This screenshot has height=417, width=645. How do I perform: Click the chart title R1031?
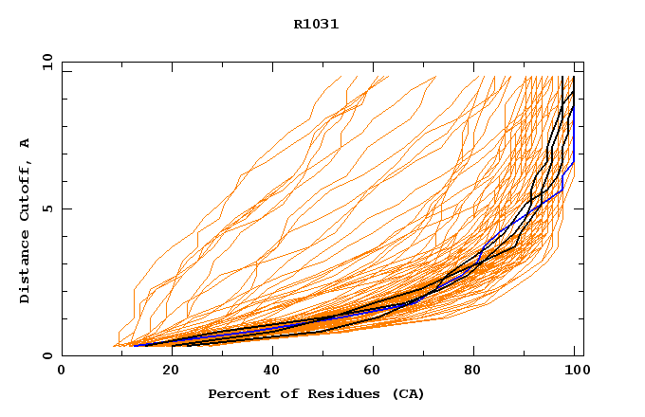(316, 25)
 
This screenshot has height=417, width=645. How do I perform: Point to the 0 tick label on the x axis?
(62, 371)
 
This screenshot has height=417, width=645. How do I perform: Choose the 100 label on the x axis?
(576, 371)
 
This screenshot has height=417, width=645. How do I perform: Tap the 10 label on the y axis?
(47, 63)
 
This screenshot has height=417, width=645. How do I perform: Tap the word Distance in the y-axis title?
(25, 269)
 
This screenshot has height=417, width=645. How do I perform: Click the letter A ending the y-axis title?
(25, 143)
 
